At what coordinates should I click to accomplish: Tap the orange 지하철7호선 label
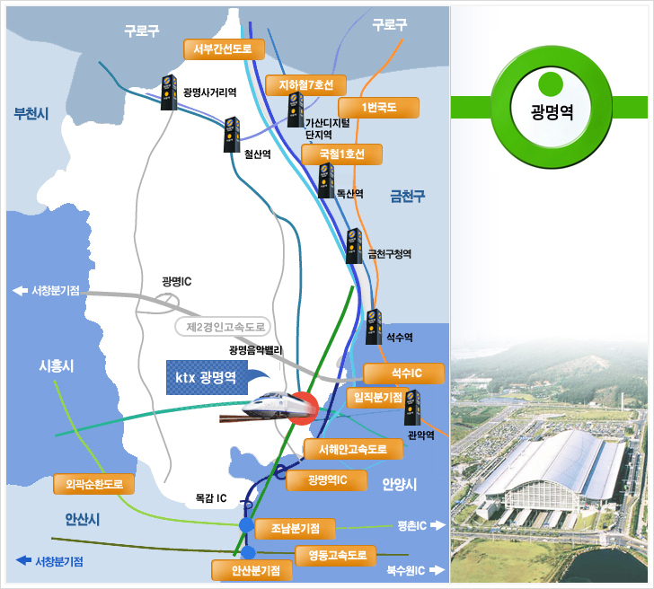click(x=306, y=85)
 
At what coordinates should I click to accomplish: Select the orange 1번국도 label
click(x=379, y=108)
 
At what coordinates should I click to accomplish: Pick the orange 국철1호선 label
click(x=342, y=154)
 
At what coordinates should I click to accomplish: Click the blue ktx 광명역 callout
click(x=207, y=377)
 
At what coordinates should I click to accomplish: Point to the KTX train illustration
click(x=265, y=409)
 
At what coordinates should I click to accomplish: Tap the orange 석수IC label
click(x=406, y=373)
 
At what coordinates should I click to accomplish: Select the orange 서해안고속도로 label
click(x=347, y=448)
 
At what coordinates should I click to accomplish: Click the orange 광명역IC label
click(x=327, y=480)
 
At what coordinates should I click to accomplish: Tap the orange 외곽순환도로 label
click(x=94, y=484)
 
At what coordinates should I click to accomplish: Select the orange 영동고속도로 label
click(x=337, y=556)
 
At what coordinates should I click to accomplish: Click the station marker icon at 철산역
click(x=233, y=132)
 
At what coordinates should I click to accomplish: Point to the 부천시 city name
click(x=31, y=113)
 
